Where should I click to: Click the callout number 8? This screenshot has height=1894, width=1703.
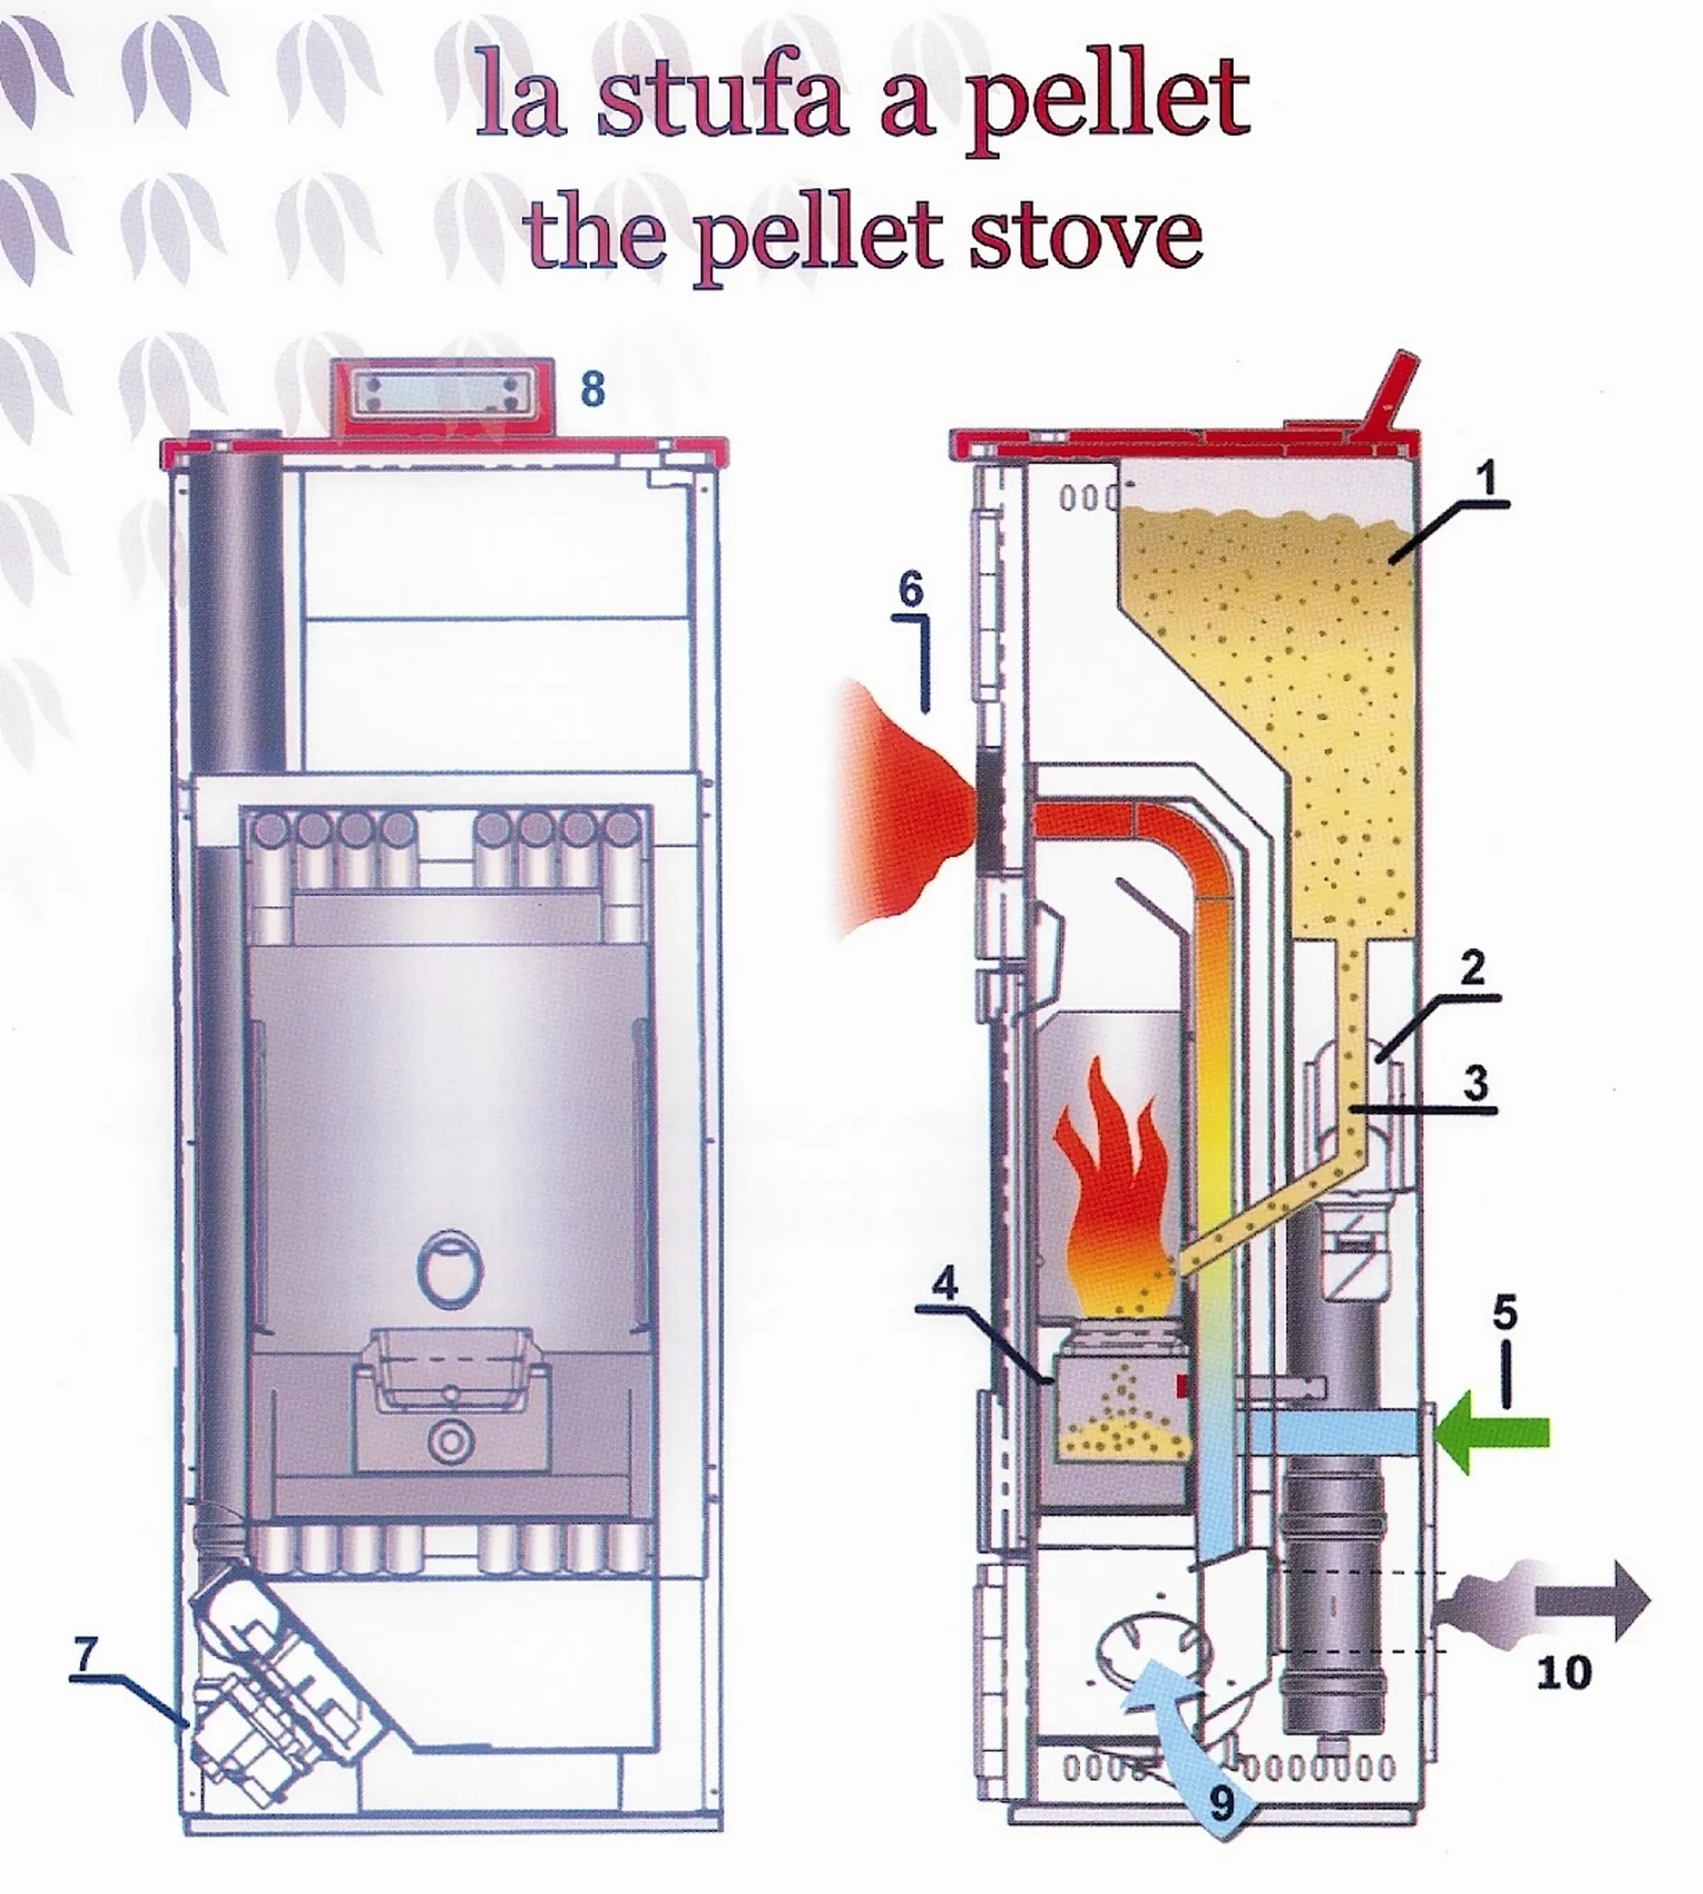click(x=593, y=389)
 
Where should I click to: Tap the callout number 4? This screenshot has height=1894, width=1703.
click(x=946, y=1283)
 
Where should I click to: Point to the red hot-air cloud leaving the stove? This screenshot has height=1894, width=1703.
click(x=903, y=809)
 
